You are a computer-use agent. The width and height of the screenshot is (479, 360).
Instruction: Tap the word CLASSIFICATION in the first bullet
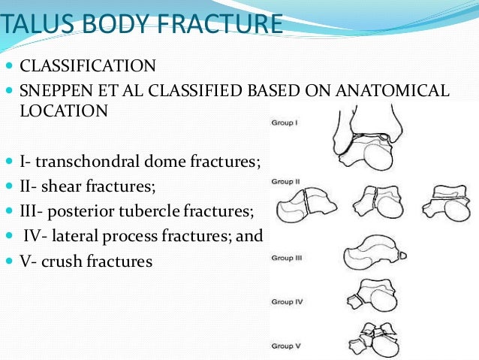[88, 65]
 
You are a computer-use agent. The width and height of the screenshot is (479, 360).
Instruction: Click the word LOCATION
[64, 110]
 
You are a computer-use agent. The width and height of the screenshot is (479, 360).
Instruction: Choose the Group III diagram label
[286, 258]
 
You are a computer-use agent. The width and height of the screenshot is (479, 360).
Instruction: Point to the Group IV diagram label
[286, 302]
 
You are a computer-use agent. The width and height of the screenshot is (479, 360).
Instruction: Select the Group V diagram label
[285, 346]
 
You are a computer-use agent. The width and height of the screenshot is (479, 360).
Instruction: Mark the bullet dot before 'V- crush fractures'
[9, 262]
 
